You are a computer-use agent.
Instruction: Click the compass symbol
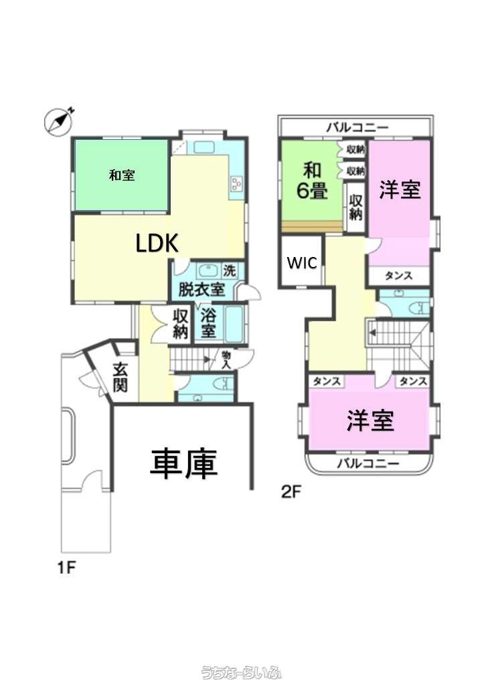tap(58, 122)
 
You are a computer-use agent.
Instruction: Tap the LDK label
tap(157, 243)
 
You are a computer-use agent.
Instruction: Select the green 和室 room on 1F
tap(121, 175)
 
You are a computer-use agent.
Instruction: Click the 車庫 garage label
tap(183, 464)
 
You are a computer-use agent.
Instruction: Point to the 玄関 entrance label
tap(120, 377)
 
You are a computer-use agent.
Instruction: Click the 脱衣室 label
tap(202, 289)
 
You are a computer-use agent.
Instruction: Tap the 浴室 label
tap(208, 324)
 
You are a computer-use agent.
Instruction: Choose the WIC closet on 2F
tap(302, 262)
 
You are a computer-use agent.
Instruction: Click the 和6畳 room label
tap(312, 181)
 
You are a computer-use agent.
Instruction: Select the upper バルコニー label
tap(357, 128)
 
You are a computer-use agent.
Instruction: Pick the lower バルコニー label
tap(368, 464)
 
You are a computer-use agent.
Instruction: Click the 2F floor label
tap(291, 492)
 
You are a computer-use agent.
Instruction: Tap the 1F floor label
tap(66, 568)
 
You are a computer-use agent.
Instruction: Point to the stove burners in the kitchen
tap(236, 183)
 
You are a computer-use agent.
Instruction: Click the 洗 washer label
tap(230, 270)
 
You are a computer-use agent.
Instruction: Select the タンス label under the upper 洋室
tap(398, 276)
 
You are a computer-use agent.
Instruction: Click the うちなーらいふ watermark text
tap(242, 673)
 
